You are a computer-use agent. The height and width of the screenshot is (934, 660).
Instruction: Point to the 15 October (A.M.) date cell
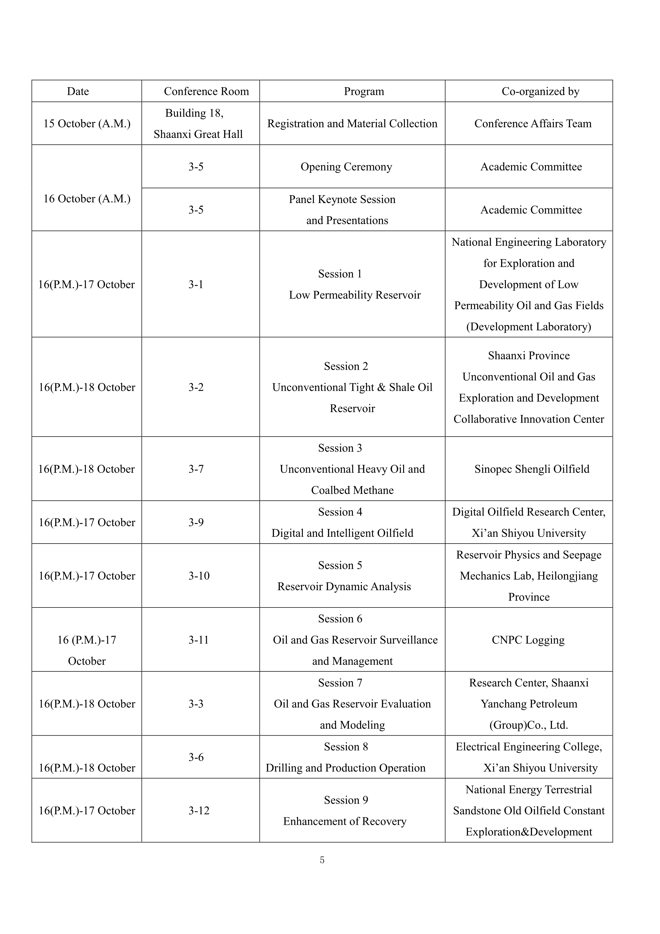coord(87,123)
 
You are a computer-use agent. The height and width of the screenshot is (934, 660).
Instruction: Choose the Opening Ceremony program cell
coord(346,166)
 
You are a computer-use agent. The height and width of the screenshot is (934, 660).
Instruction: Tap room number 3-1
coord(196,284)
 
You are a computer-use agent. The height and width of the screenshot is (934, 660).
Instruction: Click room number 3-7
coord(196,469)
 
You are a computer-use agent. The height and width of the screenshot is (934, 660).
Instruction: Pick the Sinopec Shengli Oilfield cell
coord(531,469)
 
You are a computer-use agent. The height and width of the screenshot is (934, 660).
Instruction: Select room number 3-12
coord(199,810)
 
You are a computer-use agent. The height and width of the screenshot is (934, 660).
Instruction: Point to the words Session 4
coord(340,512)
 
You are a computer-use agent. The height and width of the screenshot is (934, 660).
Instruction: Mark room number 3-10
coord(199,576)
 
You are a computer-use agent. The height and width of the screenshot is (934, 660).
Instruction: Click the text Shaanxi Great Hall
coord(198,134)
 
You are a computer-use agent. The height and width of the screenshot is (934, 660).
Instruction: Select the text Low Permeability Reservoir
coord(354,295)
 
